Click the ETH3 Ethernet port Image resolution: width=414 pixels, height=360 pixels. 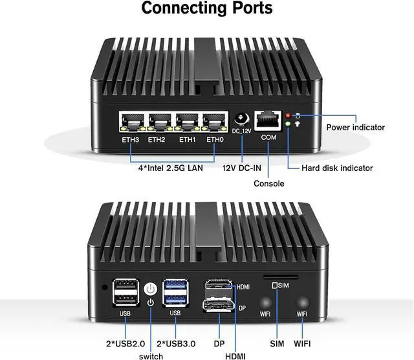131,123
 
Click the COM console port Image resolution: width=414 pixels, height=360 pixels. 268,121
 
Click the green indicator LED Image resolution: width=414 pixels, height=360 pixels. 288,124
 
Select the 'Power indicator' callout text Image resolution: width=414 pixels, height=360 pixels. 355,128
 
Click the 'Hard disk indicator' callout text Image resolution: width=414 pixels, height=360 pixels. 337,168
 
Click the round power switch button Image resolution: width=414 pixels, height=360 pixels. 150,289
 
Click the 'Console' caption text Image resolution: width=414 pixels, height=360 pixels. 268,184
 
